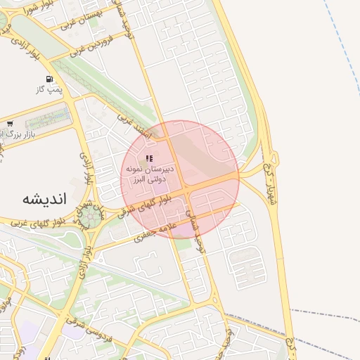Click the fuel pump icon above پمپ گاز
(x=49, y=79)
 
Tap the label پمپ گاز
(x=50, y=90)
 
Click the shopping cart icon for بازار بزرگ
(x=9, y=123)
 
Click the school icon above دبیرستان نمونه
(x=148, y=159)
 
